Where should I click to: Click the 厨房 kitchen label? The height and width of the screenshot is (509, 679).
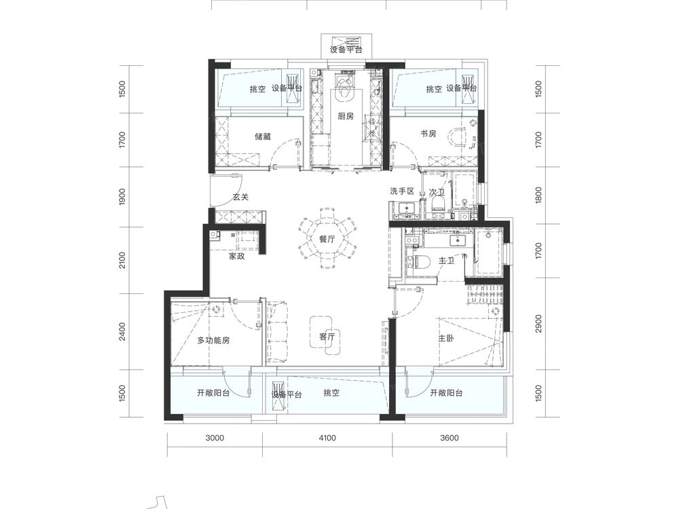346,116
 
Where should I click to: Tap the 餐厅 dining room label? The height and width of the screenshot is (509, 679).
327,240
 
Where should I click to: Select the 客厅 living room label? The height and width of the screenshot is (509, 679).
327,337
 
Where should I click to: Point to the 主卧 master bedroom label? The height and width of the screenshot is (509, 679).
446,338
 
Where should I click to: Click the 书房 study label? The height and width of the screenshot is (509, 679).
428,134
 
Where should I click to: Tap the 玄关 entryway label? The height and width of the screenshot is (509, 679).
241,197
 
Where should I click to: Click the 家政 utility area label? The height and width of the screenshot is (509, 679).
236,257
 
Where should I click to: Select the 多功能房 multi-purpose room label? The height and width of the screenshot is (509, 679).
213,340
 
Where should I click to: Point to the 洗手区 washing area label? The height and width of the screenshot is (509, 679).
402,191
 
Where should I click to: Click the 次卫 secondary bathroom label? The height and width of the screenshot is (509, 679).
437,192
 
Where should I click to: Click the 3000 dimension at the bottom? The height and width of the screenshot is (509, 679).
215,438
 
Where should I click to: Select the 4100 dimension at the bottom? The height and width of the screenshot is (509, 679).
327,438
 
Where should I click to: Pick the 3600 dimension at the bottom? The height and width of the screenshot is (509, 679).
449,438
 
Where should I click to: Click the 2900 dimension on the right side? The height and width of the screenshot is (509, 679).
538,323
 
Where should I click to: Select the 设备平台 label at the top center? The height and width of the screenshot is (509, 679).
346,50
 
